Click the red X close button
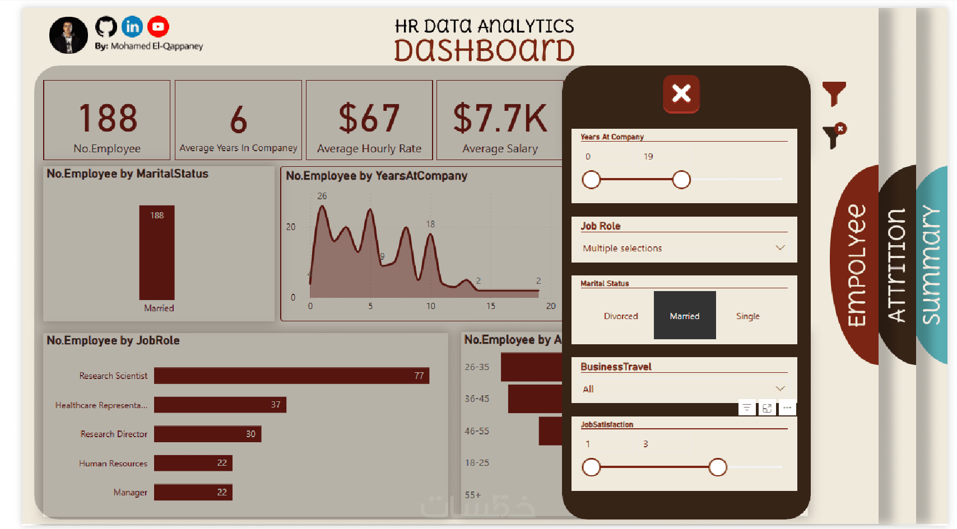coord(681,93)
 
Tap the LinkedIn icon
coord(132,26)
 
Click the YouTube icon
coord(158,26)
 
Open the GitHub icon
coord(106,26)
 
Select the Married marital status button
coord(684,316)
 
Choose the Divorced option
coord(620,316)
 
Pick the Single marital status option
coord(747,316)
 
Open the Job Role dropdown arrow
coord(780,247)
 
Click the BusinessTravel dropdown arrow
coord(780,388)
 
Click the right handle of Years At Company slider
coord(681,180)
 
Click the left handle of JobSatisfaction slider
coord(591,467)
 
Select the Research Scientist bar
coord(291,376)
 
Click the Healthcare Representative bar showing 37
coord(220,405)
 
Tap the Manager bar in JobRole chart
coord(193,492)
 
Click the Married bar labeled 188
coord(157,252)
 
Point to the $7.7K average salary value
coord(500,118)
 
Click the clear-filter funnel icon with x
coord(834,136)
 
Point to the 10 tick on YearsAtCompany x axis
coord(430,306)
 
